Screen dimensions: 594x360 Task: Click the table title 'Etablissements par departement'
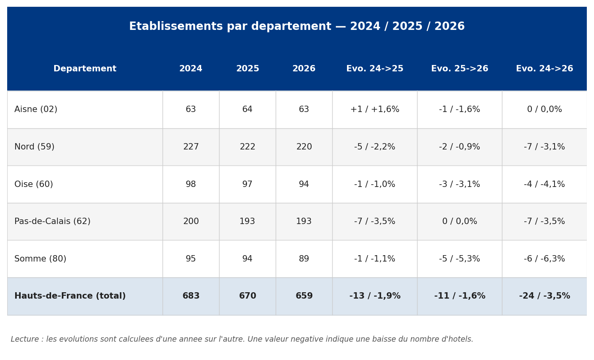point(230,27)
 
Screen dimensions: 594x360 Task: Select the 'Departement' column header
point(85,69)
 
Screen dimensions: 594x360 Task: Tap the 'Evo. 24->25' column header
point(375,69)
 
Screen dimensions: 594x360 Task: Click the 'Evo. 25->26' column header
point(460,69)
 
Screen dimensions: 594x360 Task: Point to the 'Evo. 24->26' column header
point(545,69)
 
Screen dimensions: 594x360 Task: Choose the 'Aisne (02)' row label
point(36,109)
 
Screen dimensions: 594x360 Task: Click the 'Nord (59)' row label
point(35,147)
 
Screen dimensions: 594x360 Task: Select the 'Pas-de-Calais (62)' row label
point(53,221)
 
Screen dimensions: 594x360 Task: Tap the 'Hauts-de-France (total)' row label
point(70,296)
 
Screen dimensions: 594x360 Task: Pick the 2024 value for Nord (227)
point(191,147)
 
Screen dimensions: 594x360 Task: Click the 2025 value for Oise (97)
point(247,184)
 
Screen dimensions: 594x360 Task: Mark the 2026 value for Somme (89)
point(304,259)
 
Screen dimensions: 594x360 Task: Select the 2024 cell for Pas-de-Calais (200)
point(191,221)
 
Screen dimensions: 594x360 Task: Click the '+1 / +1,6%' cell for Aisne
point(375,109)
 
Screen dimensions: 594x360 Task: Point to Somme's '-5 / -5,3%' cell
point(460,259)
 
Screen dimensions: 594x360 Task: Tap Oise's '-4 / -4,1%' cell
point(545,184)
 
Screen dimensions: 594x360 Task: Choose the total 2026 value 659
point(304,296)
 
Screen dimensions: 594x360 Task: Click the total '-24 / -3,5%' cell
point(545,296)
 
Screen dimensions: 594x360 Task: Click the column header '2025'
point(248,69)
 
